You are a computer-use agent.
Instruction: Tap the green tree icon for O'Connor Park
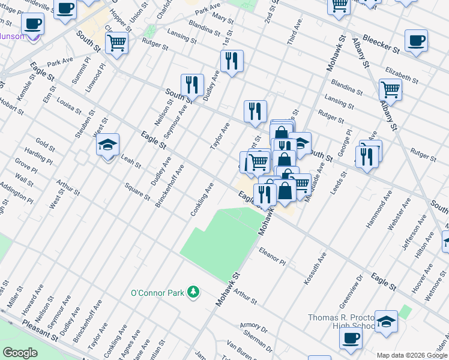coord(193,292)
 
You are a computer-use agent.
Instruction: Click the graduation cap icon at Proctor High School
coord(387,321)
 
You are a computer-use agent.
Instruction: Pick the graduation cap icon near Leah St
coord(108,145)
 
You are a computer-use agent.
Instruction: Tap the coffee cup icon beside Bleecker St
coord(416,41)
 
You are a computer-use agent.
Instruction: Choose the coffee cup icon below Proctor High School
coord(351,338)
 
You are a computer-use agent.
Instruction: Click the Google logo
coord(20,352)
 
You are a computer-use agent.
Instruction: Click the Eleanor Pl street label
coord(273,256)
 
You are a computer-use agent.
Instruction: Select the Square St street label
coord(137,193)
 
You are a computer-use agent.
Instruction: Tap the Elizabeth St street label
coord(402,74)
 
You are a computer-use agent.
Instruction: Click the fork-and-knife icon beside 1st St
coord(231,61)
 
